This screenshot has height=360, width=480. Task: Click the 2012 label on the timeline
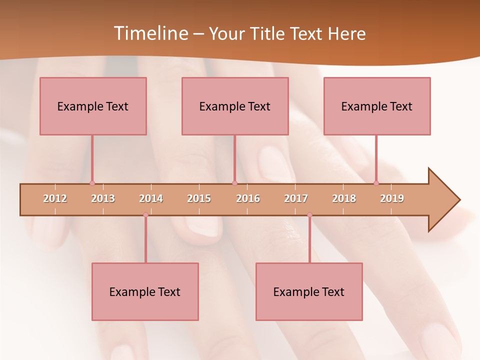click(x=55, y=198)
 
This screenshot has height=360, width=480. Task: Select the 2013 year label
click(x=103, y=198)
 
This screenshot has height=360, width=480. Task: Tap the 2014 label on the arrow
click(x=151, y=198)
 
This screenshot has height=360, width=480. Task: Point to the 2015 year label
click(x=199, y=198)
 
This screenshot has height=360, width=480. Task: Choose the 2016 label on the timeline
click(x=248, y=198)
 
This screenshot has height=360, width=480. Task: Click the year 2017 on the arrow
click(x=296, y=198)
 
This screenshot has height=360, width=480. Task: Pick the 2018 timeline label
click(x=344, y=198)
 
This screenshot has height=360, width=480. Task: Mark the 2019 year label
click(x=392, y=198)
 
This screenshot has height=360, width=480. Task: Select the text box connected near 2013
click(x=93, y=106)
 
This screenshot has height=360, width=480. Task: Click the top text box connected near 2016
click(x=235, y=106)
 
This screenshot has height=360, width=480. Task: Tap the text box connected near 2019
click(x=377, y=106)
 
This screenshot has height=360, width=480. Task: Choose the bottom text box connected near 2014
click(x=145, y=291)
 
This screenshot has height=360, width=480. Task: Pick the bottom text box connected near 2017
click(x=309, y=291)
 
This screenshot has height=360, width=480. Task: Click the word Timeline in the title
click(x=149, y=33)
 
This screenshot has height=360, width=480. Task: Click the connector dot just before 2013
click(x=92, y=183)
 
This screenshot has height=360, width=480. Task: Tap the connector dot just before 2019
click(x=376, y=183)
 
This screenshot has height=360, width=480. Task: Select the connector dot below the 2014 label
click(x=145, y=215)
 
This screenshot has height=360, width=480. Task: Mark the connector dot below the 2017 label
click(x=309, y=215)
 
